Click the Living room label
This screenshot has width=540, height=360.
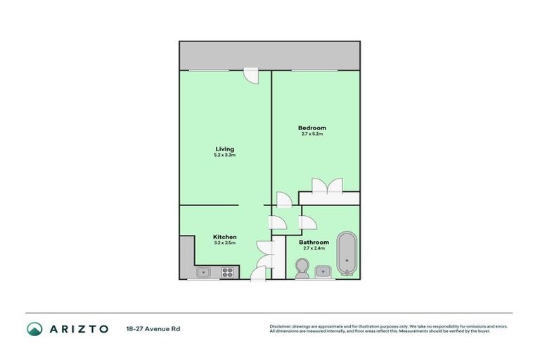[x=224, y=149]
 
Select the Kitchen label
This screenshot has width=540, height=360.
[x=224, y=237]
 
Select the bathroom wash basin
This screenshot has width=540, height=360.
[x=324, y=271]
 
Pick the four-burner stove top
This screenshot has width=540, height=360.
[x=229, y=271]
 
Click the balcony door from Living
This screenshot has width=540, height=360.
[x=250, y=74]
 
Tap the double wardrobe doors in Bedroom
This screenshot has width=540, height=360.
[x=327, y=186]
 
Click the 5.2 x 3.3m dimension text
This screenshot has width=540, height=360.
[x=224, y=155]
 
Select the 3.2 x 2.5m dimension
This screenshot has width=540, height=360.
[x=224, y=243]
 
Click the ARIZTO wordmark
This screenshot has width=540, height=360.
[x=78, y=328]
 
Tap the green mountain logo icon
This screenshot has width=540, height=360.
[x=35, y=328]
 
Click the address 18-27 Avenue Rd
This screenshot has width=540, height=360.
[x=153, y=328]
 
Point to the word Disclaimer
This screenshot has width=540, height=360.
[x=281, y=326]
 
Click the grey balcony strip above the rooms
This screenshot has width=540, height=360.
[x=270, y=55]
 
